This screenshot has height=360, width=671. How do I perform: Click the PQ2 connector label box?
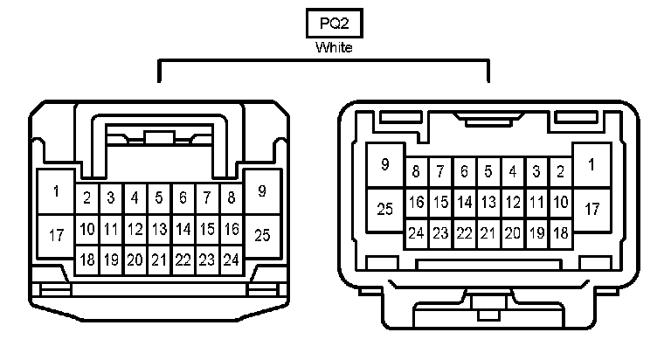coord(335,23)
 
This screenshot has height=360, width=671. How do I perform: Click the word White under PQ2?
coord(335,48)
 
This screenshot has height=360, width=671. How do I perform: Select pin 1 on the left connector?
coord(57,191)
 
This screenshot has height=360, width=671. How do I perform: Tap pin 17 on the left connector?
coord(57,235)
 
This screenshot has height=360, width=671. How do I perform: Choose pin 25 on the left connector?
coord(262,235)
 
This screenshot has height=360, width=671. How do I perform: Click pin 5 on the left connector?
coord(158,197)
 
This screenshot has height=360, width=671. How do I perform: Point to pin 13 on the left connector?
coord(158,230)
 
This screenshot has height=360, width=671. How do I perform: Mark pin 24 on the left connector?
coord(231,260)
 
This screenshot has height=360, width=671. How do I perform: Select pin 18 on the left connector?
coord(87,260)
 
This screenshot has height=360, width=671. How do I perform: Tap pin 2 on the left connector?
coord(87,197)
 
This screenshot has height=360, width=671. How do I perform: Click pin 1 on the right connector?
coord(591,165)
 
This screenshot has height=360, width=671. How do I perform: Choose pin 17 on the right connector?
coord(591,209)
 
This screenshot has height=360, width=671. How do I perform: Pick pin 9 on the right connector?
coord(384,165)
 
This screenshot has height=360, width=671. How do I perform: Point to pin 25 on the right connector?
coord(384,209)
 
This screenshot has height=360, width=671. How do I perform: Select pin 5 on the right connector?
coord(488,171)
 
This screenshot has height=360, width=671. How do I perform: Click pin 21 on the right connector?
coord(488,233)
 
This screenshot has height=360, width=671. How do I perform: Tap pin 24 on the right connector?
coord(416,233)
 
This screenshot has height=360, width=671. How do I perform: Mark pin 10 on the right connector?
coord(561,203)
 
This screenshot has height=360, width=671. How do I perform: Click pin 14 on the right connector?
coord(465,203)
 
